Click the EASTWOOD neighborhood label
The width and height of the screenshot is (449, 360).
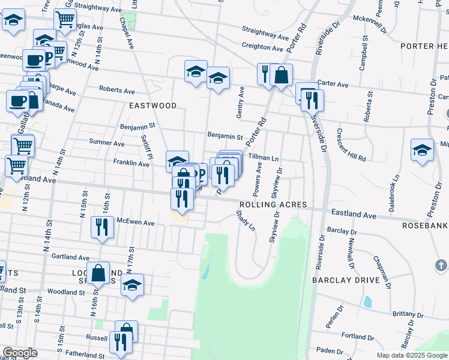153,106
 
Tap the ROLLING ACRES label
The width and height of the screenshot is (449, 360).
273,205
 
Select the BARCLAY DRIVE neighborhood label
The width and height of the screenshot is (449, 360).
345,280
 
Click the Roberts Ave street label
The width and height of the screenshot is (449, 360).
117,91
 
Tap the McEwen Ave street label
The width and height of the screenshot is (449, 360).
136,223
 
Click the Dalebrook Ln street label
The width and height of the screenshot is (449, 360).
396,192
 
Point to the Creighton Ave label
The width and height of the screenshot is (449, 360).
262,47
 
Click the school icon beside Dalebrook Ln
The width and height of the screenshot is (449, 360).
422,150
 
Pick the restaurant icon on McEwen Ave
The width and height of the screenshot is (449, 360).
101,227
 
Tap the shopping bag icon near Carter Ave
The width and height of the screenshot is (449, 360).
281,75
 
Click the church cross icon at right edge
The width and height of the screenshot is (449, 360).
441,265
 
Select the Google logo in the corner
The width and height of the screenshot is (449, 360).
20,353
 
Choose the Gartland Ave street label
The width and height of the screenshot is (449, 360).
66,256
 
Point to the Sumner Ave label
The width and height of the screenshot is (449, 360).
106,143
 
